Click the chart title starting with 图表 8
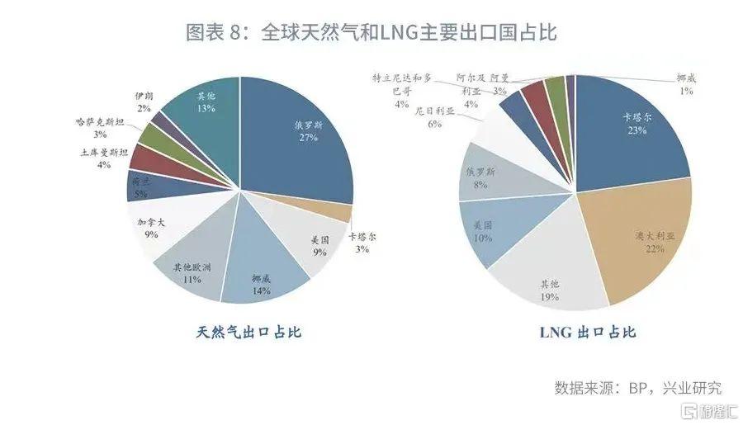371,33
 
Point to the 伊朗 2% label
144,102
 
